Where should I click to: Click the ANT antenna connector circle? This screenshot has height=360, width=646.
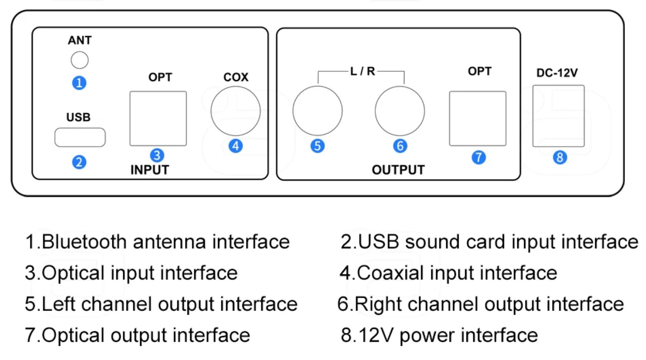pyautogui.click(x=80, y=60)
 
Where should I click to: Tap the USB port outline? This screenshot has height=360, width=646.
pyautogui.click(x=80, y=137)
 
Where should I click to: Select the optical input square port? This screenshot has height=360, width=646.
pyautogui.click(x=158, y=118)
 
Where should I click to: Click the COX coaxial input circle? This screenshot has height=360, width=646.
pyautogui.click(x=235, y=111)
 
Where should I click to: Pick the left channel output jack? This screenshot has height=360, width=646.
pyautogui.click(x=318, y=111)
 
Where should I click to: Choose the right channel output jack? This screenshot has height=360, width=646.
pyautogui.click(x=400, y=111)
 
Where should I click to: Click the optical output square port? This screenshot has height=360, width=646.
pyautogui.click(x=478, y=118)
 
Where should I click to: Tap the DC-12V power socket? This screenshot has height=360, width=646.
pyautogui.click(x=558, y=116)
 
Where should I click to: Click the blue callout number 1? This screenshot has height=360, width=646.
pyautogui.click(x=80, y=83)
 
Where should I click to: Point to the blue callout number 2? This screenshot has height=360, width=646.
pyautogui.click(x=79, y=162)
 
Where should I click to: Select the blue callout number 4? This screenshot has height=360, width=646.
pyautogui.click(x=235, y=146)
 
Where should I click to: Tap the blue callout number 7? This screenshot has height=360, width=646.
pyautogui.click(x=478, y=157)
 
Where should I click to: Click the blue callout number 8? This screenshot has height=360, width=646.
pyautogui.click(x=560, y=157)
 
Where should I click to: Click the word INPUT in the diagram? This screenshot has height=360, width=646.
pyautogui.click(x=150, y=170)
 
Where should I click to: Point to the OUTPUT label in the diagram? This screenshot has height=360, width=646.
pyautogui.click(x=398, y=170)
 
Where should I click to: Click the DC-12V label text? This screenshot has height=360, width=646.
pyautogui.click(x=557, y=73)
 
